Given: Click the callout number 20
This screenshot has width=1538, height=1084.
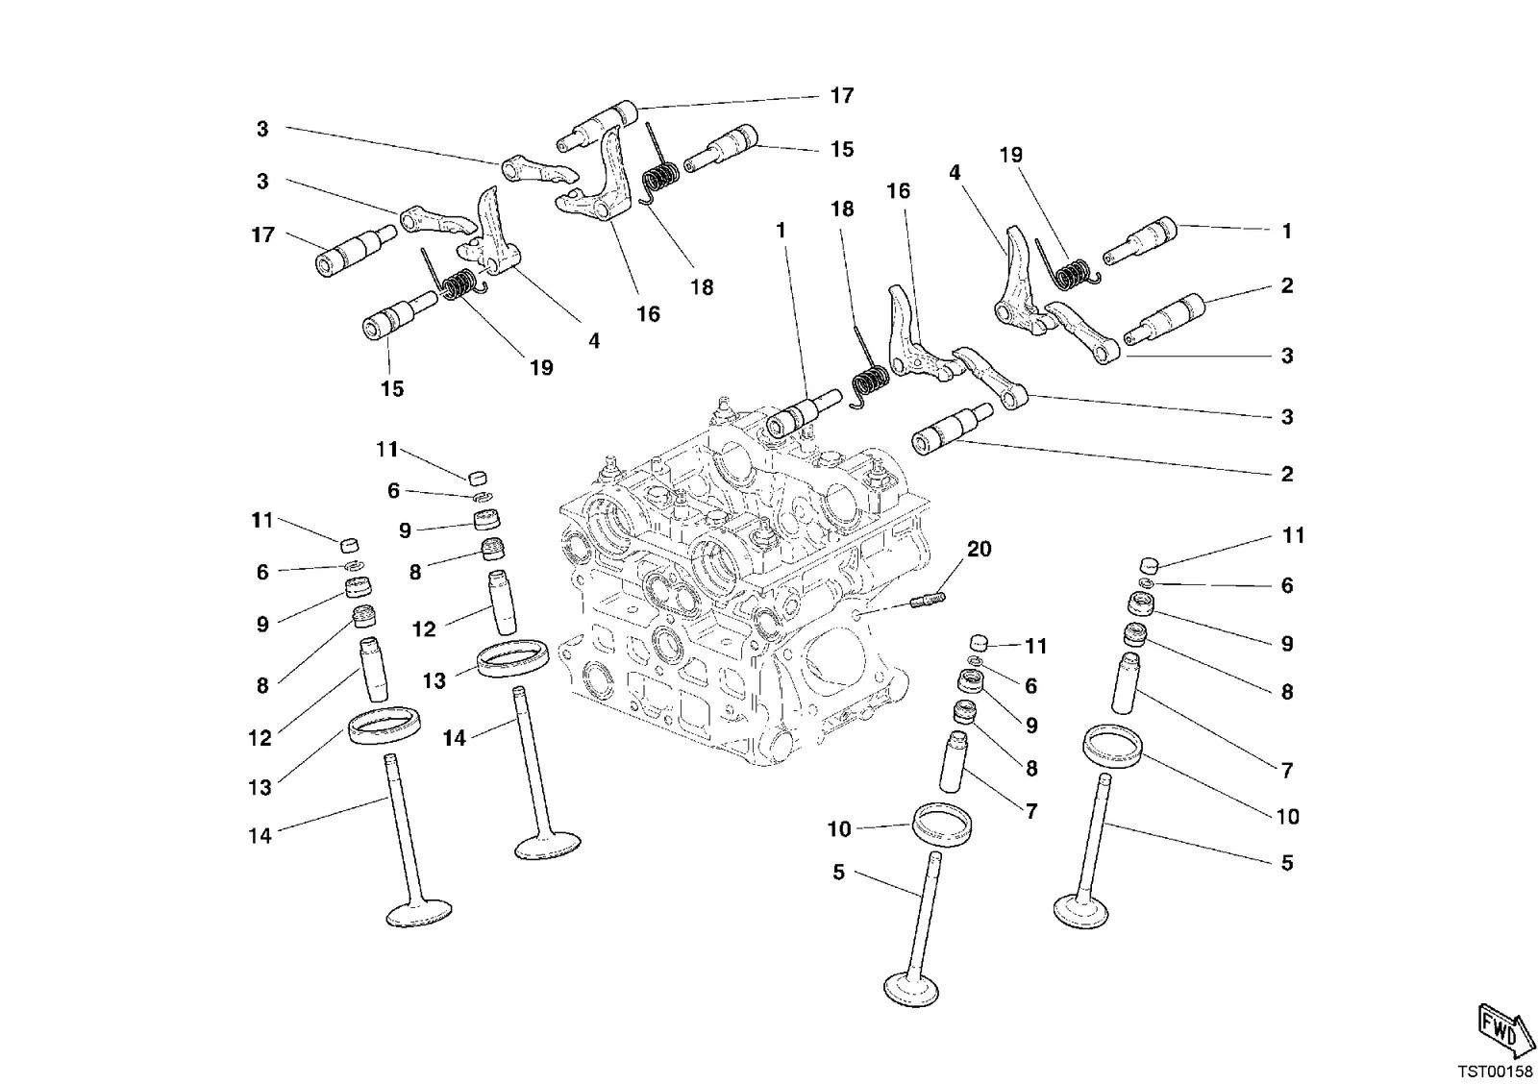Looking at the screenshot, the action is tap(980, 550).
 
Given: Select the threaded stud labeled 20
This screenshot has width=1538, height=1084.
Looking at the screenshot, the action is tap(928, 600).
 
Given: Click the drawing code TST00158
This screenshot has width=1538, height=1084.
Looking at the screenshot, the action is tap(1495, 1072).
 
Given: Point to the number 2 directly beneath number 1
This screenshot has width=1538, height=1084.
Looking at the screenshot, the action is tap(1287, 285).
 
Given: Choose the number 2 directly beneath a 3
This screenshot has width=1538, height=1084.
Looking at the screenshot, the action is tap(1287, 474).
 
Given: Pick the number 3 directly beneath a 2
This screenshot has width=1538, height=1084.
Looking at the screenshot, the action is tap(1287, 356).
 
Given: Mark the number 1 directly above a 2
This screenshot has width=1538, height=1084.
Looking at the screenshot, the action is tap(1287, 232).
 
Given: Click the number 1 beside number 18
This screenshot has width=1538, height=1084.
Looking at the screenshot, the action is tap(781, 231).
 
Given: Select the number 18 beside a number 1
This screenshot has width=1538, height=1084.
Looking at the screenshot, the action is tap(842, 209).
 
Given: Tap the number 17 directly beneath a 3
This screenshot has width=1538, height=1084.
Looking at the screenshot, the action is tap(262, 234).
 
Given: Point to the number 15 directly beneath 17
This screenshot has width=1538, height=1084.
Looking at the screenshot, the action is tap(842, 150).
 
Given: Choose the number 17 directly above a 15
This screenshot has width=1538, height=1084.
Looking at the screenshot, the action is tap(842, 95).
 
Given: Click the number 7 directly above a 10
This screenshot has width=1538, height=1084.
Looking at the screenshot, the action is tap(1287, 771).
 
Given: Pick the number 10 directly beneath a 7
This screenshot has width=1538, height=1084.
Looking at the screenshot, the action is tap(1288, 816).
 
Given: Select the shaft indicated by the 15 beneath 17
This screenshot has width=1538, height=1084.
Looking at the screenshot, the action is tap(721, 148).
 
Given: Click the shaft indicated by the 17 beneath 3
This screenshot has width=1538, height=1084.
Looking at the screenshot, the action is tap(356, 251).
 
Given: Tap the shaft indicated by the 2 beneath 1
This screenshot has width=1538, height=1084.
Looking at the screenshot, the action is tap(1165, 318).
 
